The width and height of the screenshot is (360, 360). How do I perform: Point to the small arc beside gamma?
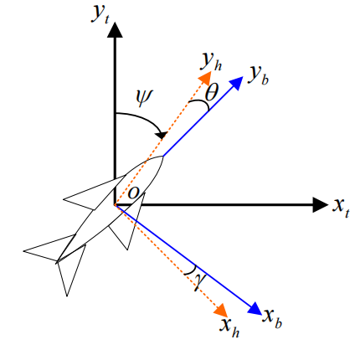[189, 271]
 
